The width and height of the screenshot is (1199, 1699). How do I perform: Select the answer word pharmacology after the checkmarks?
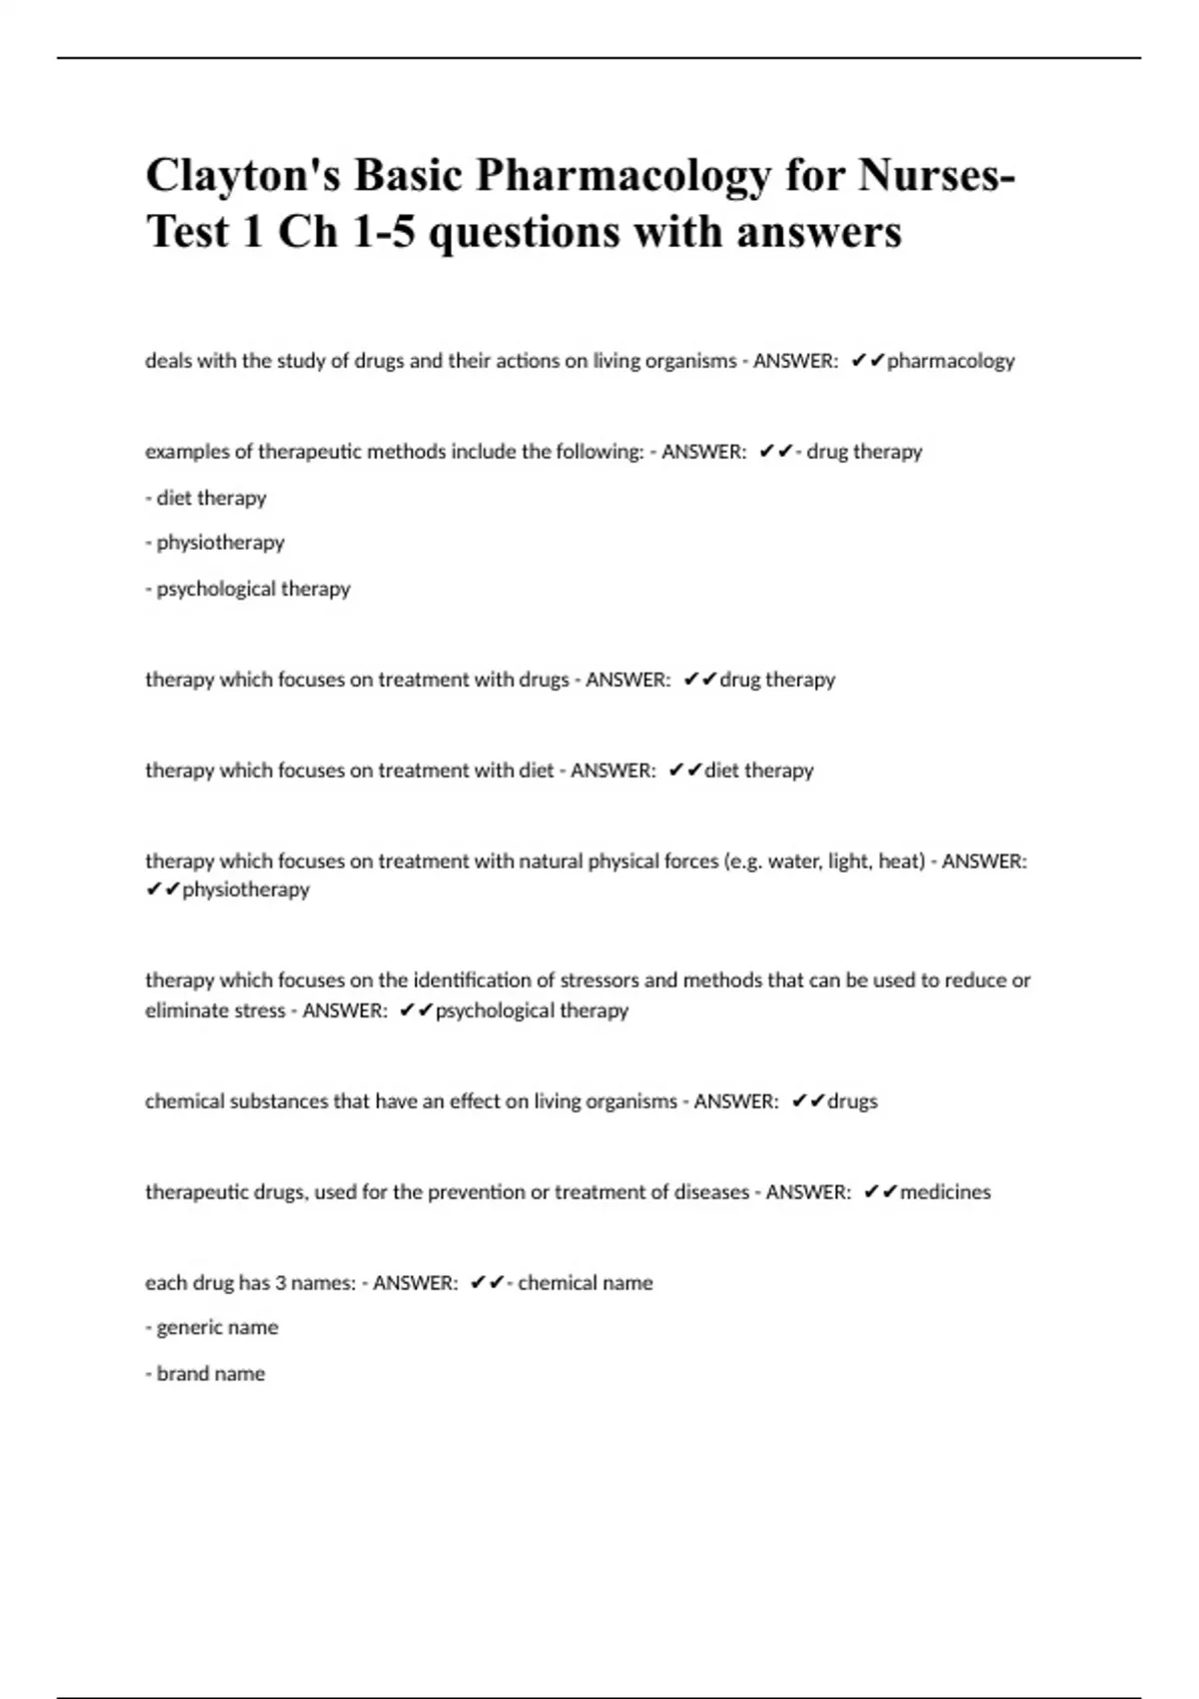point(950,362)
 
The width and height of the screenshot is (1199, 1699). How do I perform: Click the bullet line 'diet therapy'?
point(206,498)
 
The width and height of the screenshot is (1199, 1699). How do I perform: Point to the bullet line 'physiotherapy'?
point(215,543)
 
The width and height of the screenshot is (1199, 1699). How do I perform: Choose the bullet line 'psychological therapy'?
point(248,589)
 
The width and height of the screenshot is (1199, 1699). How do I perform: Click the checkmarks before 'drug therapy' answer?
point(700,680)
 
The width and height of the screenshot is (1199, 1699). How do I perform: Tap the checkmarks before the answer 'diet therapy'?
point(685,771)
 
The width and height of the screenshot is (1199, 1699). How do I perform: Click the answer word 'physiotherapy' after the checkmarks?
point(246,889)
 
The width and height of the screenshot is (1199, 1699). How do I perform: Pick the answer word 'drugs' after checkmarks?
point(852,1101)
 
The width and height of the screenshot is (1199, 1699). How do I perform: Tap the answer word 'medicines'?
point(945,1192)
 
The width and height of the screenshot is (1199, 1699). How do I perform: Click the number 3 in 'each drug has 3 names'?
point(280,1283)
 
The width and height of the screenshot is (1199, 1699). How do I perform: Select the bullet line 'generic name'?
point(212,1328)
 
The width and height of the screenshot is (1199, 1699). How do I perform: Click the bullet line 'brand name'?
point(206,1374)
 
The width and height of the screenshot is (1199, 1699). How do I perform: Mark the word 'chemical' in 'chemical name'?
point(554,1283)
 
